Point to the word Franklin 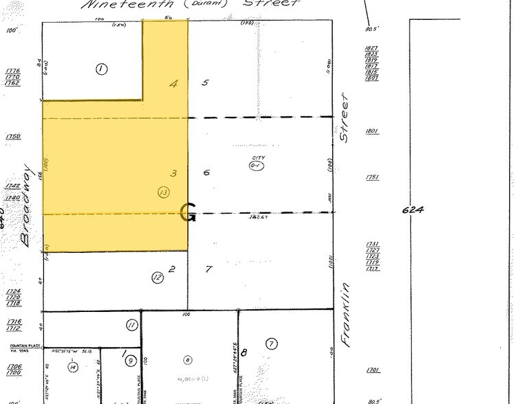tap(345, 315)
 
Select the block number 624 tap(413, 209)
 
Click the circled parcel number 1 tap(102, 69)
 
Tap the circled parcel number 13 tap(163, 192)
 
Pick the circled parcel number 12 tap(158, 278)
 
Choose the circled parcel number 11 tap(132, 325)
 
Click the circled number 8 tap(187, 359)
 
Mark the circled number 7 tap(272, 344)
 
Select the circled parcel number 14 tap(73, 368)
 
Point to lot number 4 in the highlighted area tap(174, 84)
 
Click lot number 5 tap(205, 83)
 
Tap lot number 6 tap(206, 172)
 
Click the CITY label tap(257, 158)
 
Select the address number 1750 tap(12, 137)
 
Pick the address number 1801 tap(373, 131)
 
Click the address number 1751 tap(373, 177)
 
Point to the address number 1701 tap(373, 370)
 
